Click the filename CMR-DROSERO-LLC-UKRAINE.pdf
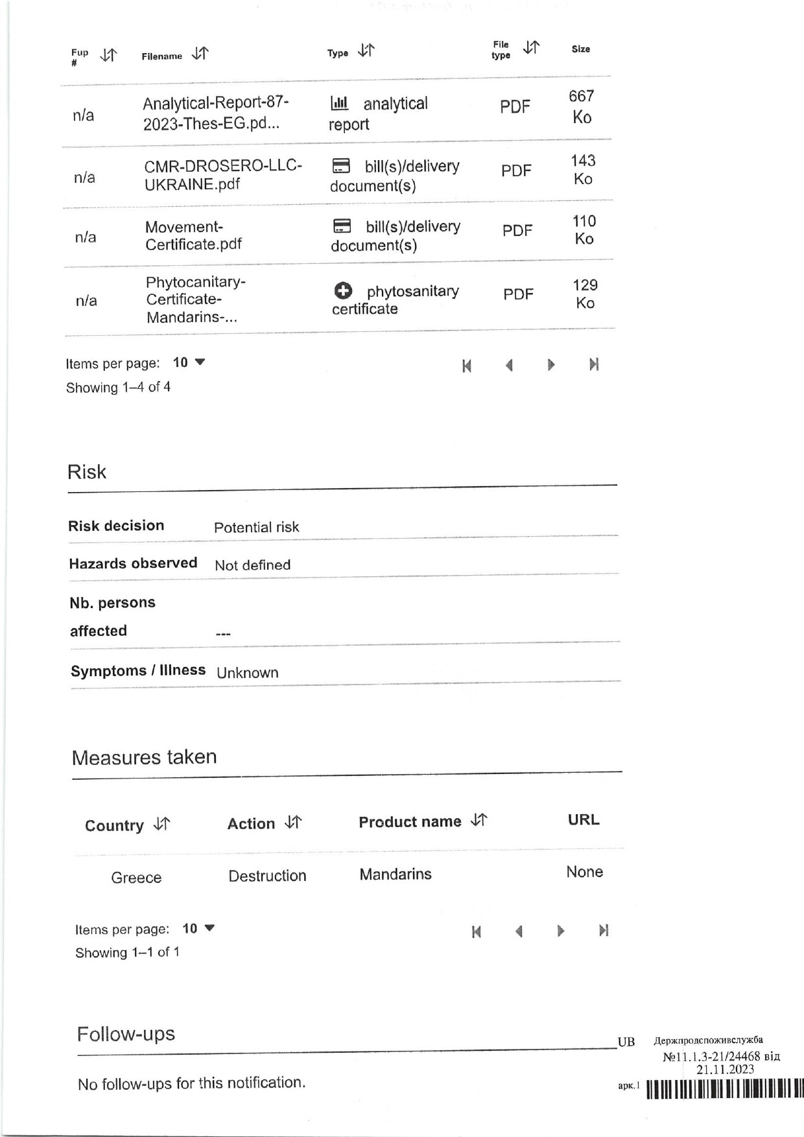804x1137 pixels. tap(223, 175)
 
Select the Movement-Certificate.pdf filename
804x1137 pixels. tap(193, 235)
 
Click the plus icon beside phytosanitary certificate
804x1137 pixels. tap(344, 291)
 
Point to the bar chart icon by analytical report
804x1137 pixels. tap(339, 103)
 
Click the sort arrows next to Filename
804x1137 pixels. tap(200, 54)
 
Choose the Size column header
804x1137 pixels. tap(580, 49)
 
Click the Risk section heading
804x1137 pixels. tap(87, 472)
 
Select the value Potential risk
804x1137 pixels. tap(257, 527)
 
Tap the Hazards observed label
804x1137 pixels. tap(133, 563)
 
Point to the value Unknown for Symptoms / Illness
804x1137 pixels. tap(248, 673)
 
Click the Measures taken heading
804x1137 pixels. tap(144, 757)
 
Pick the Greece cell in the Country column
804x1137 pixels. tap(136, 878)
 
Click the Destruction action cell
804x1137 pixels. tap(267, 876)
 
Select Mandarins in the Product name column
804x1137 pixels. tap(396, 874)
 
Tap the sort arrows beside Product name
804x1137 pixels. tap(479, 820)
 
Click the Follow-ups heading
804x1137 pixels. tap(126, 1034)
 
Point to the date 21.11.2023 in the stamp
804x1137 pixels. tap(725, 1070)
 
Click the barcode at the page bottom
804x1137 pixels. tap(725, 1088)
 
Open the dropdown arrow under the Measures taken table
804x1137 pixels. tap(209, 928)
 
